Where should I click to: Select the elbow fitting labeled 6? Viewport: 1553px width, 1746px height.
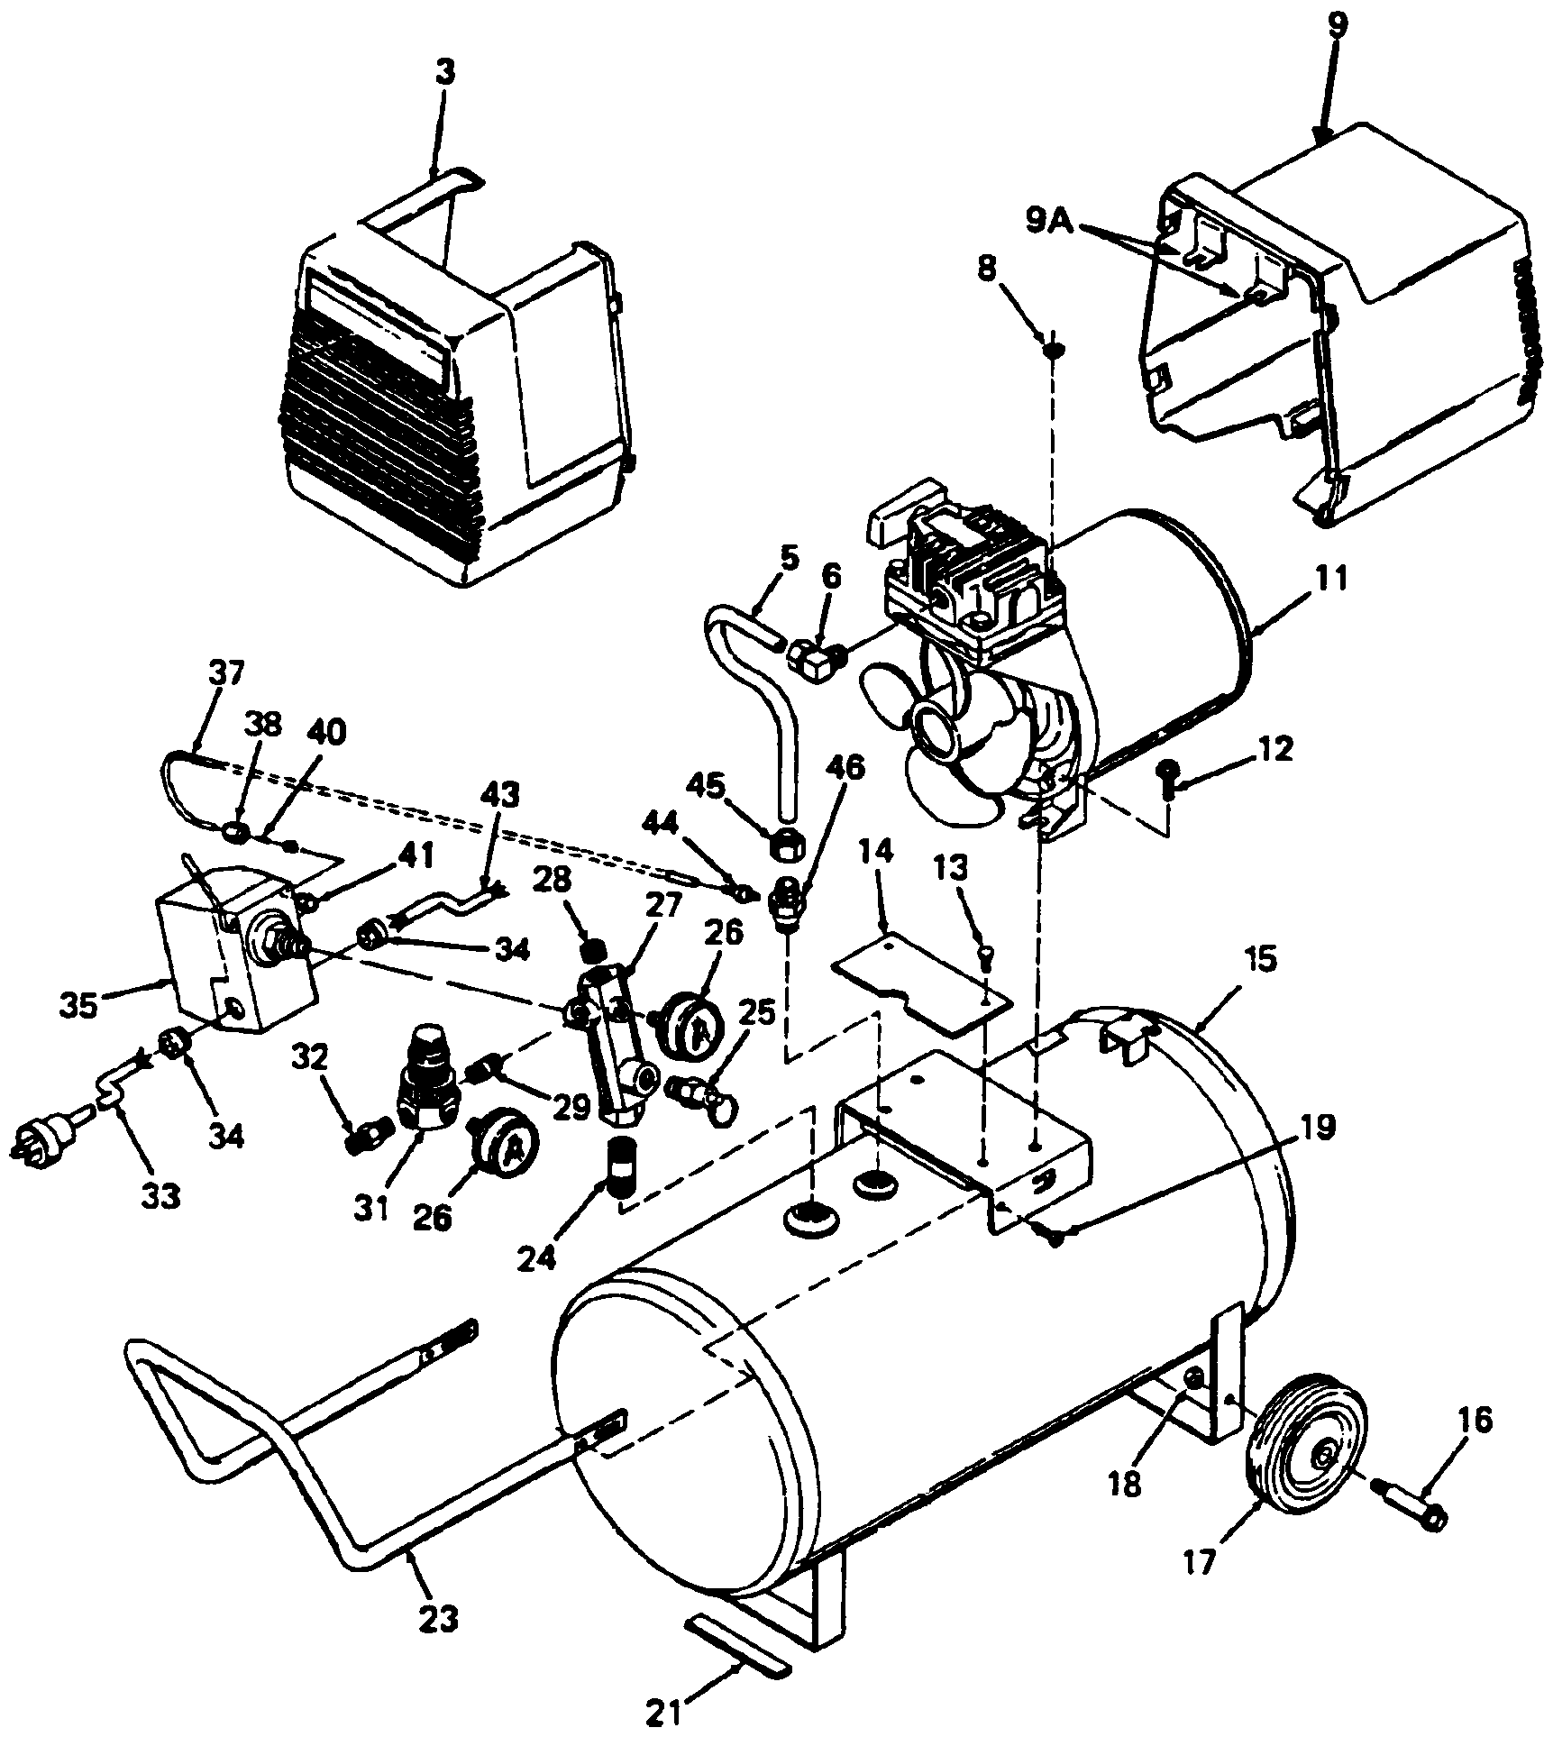(814, 663)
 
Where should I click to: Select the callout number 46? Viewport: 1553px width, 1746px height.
(842, 768)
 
